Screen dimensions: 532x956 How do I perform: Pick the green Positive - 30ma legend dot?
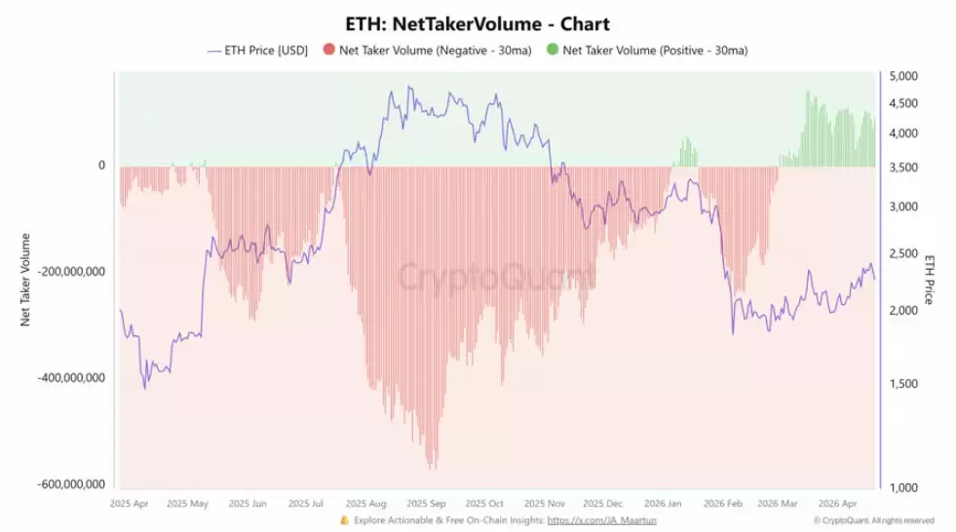coord(552,50)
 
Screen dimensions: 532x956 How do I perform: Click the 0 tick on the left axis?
coord(101,166)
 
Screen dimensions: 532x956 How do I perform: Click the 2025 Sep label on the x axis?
coord(426,504)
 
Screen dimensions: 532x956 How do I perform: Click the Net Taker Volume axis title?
coord(25,279)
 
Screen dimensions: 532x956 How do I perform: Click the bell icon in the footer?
coord(344,520)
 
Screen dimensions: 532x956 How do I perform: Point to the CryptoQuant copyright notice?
coord(873,521)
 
